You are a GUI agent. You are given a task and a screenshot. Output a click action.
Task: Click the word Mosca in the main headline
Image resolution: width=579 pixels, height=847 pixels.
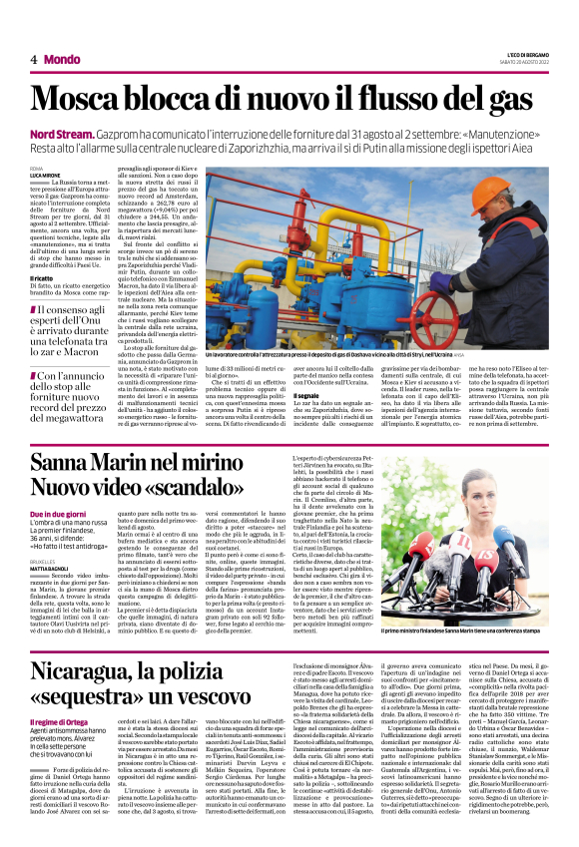(x=85, y=98)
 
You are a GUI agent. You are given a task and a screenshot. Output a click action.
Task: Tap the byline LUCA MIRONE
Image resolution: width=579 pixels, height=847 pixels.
(x=45, y=175)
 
